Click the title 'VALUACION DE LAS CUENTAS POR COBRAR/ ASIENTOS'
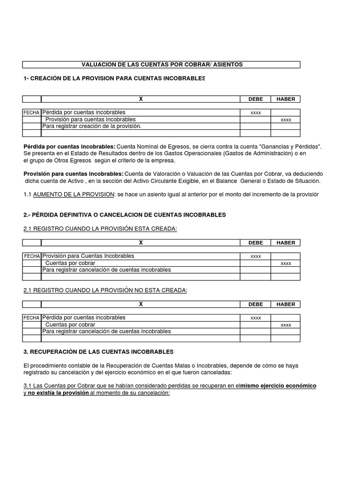(x=163, y=64)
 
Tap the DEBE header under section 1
(x=255, y=99)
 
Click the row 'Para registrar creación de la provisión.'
(x=92, y=127)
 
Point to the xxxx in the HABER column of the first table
(x=285, y=120)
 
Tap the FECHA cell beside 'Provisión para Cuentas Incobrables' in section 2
(x=32, y=256)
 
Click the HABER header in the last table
(x=285, y=304)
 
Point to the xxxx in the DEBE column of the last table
(x=255, y=318)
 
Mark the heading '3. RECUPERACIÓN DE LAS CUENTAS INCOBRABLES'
(x=98, y=351)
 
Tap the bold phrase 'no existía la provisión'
(x=58, y=393)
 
